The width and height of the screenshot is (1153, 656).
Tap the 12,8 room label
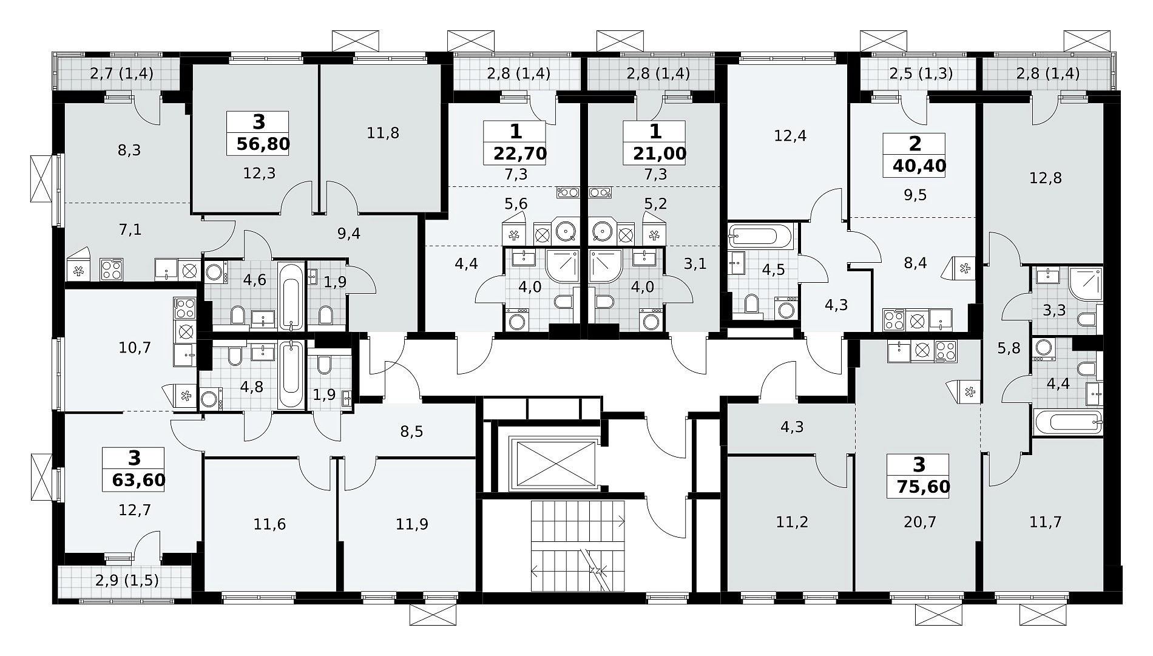point(1046,178)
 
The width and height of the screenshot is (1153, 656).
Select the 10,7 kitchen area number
point(135,348)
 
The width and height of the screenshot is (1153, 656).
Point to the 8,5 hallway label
point(411,431)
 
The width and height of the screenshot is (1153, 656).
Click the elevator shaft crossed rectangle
point(555,464)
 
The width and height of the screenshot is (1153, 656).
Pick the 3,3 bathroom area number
point(1054,311)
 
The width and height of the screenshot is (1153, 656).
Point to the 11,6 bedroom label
point(270,524)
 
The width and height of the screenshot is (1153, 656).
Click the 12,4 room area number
point(790,135)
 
